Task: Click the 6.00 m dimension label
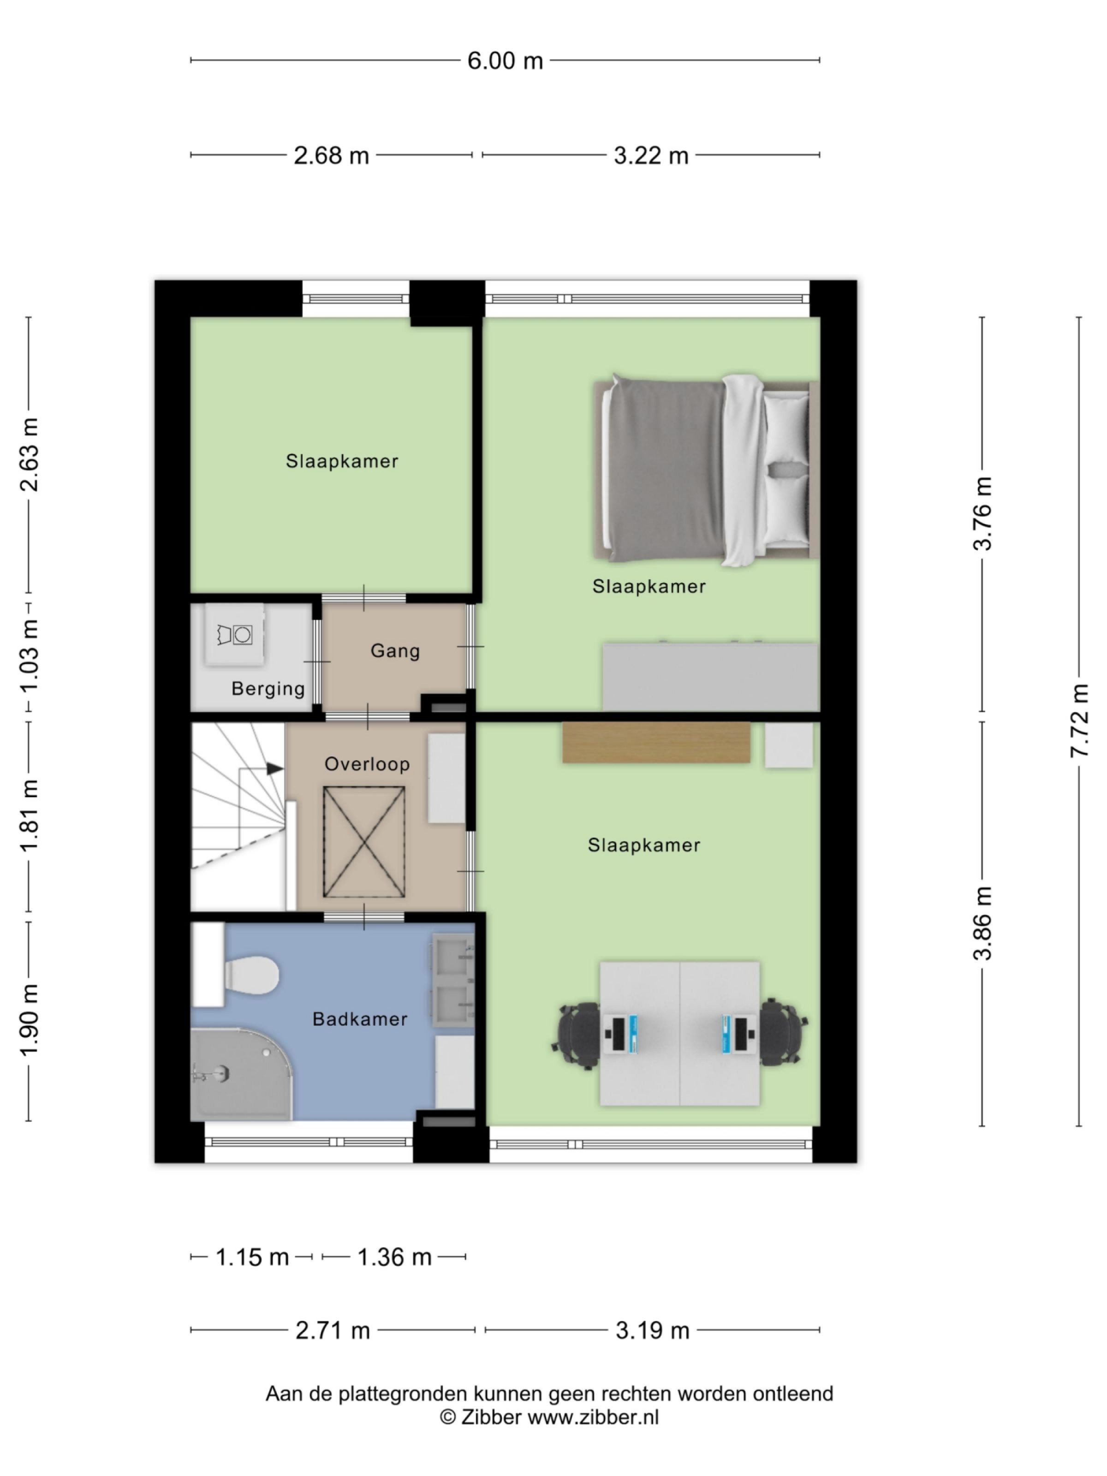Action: (505, 61)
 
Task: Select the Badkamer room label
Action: (360, 1019)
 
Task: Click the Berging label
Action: (268, 689)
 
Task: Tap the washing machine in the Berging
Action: (235, 634)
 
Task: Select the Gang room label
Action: (395, 650)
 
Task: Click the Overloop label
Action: (367, 764)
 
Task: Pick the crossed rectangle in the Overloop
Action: (364, 842)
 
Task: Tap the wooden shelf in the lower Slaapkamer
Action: (656, 742)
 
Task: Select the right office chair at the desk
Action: (781, 1032)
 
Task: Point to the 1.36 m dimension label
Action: (394, 1257)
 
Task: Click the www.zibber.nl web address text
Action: (593, 1416)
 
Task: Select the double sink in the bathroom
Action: (453, 980)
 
